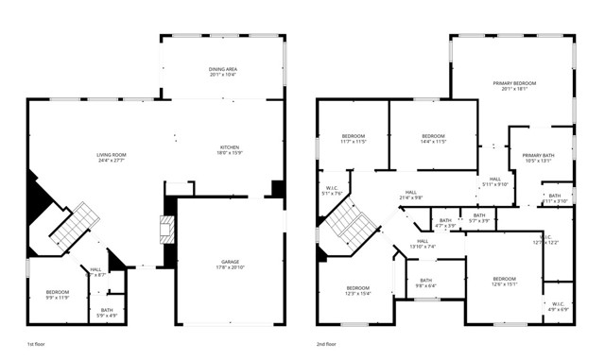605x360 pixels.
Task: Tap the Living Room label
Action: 112,158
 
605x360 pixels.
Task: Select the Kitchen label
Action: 230,150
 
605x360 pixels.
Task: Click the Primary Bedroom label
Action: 514,87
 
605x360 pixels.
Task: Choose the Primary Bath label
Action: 537,158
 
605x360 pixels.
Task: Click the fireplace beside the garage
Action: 167,229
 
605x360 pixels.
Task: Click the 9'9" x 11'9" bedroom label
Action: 58,295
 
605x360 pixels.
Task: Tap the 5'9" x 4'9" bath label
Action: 107,312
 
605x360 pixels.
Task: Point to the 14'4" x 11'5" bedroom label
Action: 433,139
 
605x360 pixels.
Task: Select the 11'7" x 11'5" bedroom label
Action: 353,139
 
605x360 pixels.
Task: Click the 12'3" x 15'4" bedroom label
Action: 357,290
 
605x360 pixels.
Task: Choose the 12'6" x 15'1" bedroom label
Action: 504,282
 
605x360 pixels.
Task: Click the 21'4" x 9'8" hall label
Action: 411,195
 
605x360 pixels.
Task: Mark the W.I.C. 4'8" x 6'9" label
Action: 559,306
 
